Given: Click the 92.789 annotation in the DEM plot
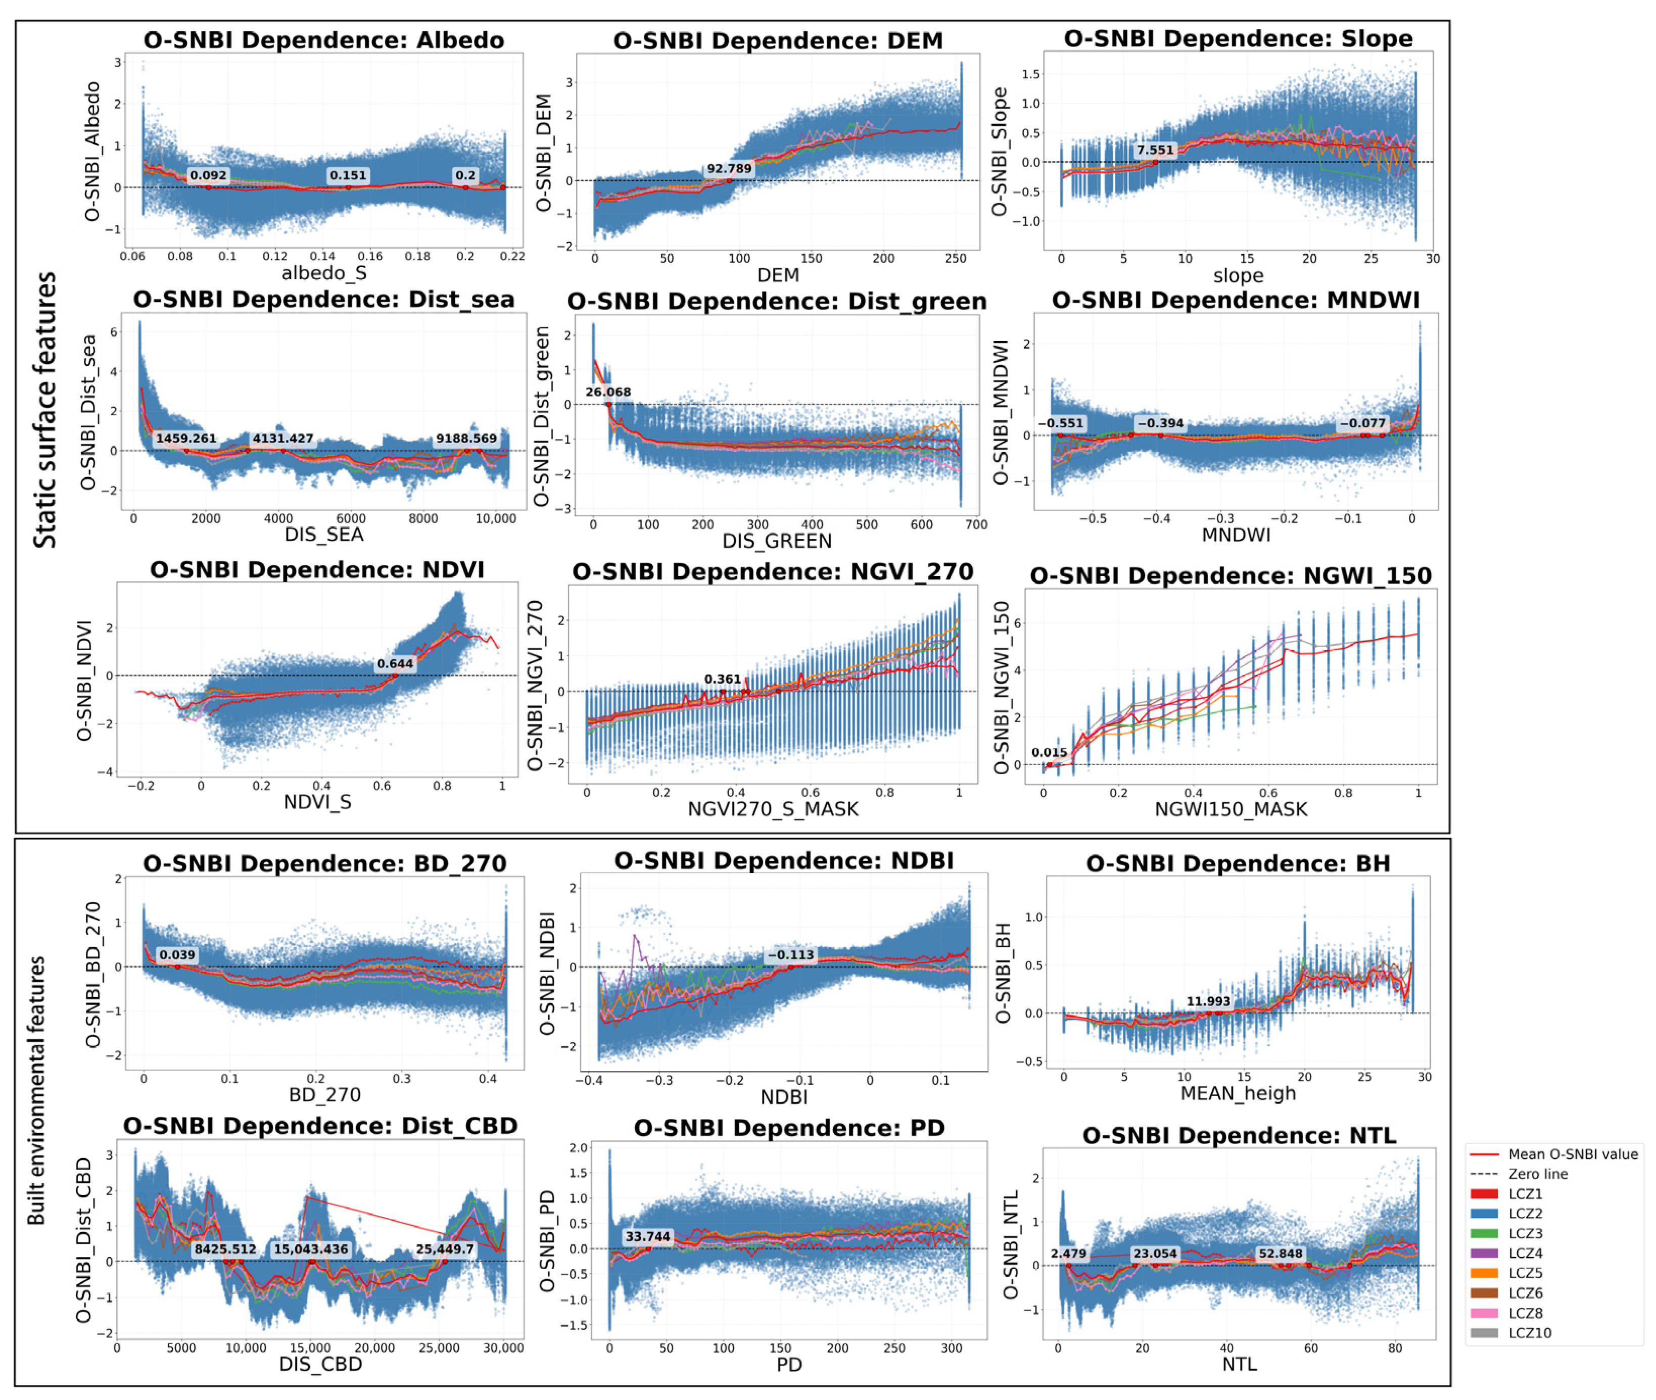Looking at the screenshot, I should coord(729,168).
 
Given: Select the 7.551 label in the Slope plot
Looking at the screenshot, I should coord(1154,150).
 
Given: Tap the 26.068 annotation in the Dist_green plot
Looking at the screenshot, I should coord(608,392).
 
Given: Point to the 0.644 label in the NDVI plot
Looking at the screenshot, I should coord(395,663).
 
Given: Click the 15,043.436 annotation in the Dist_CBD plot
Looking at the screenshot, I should coord(310,1249).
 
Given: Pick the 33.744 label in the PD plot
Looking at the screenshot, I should coord(647,1236).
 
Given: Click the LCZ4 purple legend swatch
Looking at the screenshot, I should coord(1484,1253).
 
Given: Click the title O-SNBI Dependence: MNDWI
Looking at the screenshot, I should coord(1235,300).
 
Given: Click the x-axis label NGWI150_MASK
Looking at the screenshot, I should coord(1231,809).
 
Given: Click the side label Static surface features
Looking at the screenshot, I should coord(45,410).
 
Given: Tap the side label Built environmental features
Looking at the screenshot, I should coord(36,1090).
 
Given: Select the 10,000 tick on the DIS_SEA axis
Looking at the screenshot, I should coord(495,518).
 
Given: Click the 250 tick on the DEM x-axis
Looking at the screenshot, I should coord(956,259).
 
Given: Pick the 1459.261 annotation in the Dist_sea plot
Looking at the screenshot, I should coord(186,438).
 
